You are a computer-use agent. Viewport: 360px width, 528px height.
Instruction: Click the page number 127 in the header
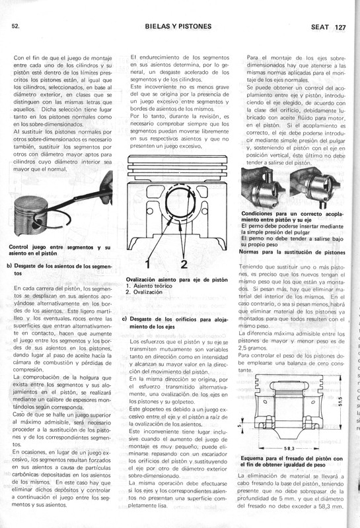pyautogui.click(x=340, y=28)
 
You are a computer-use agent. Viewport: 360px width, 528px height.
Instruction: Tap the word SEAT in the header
pyautogui.click(x=320, y=28)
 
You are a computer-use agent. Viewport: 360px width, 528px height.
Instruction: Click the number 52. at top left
pyautogui.click(x=15, y=26)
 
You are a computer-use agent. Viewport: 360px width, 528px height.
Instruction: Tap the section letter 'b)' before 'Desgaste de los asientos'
pyautogui.click(x=9, y=265)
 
